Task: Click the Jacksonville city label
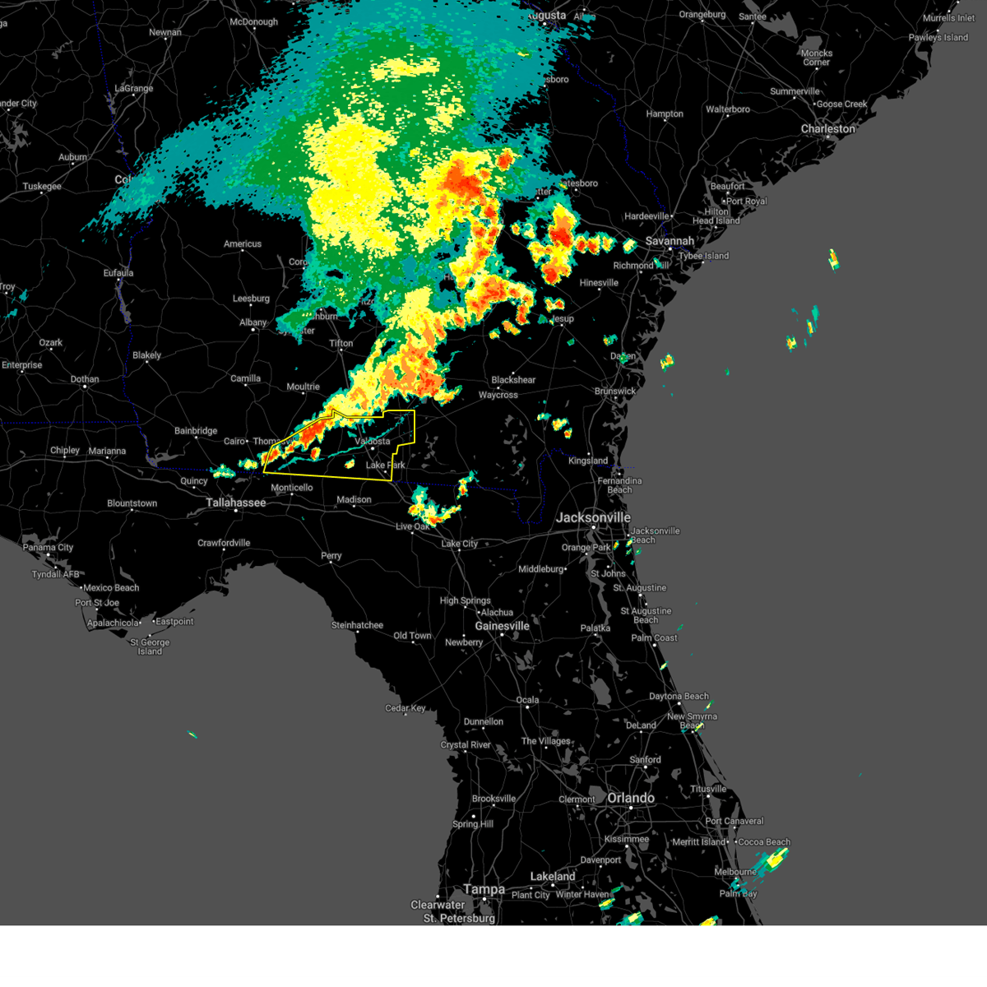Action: [x=593, y=517]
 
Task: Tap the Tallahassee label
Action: [x=236, y=503]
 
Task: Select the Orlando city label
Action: [x=631, y=798]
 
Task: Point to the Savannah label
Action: [x=670, y=241]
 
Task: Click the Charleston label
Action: [x=828, y=129]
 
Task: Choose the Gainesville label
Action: [x=502, y=626]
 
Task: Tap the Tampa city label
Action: [x=484, y=889]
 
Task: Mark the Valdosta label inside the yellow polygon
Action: [x=372, y=442]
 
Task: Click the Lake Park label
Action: [x=385, y=466]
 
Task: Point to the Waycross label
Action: [x=498, y=395]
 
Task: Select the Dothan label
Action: [x=85, y=379]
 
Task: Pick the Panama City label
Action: [x=49, y=548]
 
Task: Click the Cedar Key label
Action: [x=405, y=708]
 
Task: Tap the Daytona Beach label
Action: [x=679, y=697]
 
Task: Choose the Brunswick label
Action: [x=614, y=392]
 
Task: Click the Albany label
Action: [x=253, y=322]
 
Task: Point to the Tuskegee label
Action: [x=42, y=187]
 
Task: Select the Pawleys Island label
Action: [x=938, y=38]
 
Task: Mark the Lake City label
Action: [x=459, y=544]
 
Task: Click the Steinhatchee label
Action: [x=357, y=625]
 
